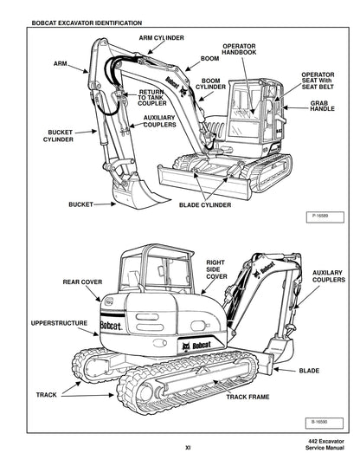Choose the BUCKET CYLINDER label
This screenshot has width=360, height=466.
tap(59, 135)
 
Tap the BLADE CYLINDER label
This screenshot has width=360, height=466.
tap(204, 205)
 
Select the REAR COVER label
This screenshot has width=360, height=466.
tap(83, 282)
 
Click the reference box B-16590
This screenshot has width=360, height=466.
tap(318, 422)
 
